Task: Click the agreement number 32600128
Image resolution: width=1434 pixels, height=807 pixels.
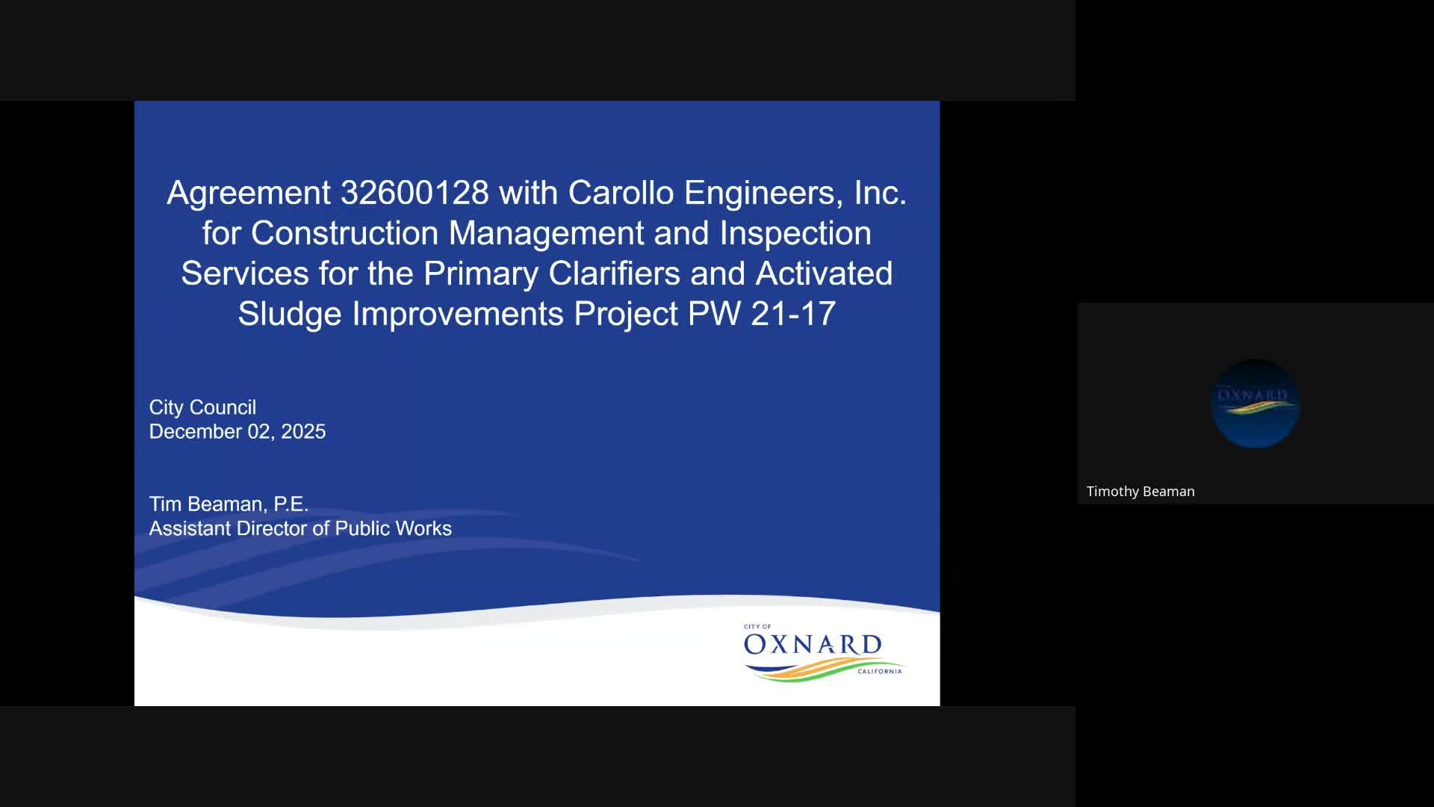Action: click(415, 193)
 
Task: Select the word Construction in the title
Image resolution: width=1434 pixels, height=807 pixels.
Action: click(344, 233)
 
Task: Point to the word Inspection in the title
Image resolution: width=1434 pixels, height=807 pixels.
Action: click(795, 233)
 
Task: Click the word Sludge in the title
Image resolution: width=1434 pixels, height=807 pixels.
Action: click(290, 314)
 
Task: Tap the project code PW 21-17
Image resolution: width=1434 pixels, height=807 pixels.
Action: click(761, 314)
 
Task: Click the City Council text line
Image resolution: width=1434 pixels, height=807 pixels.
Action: click(202, 407)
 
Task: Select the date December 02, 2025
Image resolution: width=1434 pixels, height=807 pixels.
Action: click(237, 432)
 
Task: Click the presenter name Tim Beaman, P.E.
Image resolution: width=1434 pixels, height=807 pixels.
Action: click(229, 504)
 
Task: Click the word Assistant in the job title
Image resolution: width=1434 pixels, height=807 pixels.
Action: click(190, 529)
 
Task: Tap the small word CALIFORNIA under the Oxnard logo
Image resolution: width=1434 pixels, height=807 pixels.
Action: click(879, 672)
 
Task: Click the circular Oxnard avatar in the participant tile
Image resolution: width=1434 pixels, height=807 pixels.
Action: click(1255, 403)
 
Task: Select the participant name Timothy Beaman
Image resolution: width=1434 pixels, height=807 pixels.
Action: click(1140, 492)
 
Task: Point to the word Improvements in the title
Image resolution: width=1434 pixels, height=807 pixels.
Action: click(458, 314)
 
